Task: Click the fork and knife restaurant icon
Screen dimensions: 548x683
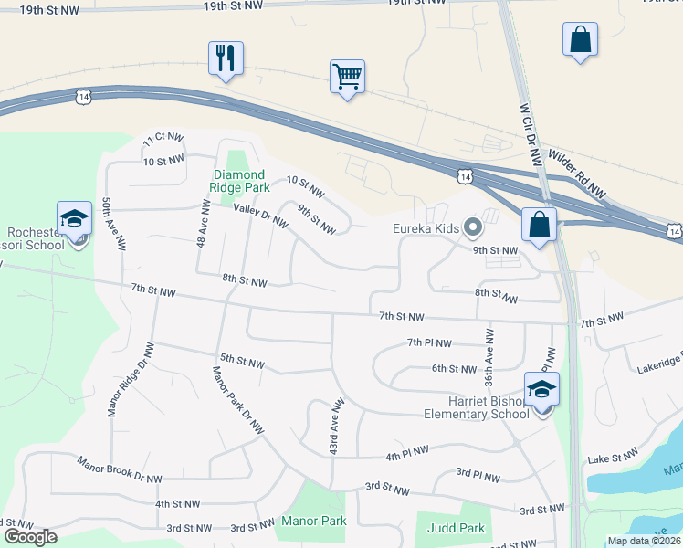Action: (x=225, y=58)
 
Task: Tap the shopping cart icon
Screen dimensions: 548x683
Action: (x=347, y=77)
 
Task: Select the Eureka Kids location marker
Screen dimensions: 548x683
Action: (x=472, y=227)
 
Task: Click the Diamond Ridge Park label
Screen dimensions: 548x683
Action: (x=239, y=181)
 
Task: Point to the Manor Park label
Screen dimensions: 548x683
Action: (x=314, y=521)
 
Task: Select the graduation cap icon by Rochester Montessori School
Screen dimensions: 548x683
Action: (x=74, y=218)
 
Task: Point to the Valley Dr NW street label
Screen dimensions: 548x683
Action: (x=260, y=216)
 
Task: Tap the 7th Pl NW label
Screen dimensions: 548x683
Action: (x=429, y=343)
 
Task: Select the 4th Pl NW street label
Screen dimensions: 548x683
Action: (x=407, y=455)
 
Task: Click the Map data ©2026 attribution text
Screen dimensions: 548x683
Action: (x=644, y=541)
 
